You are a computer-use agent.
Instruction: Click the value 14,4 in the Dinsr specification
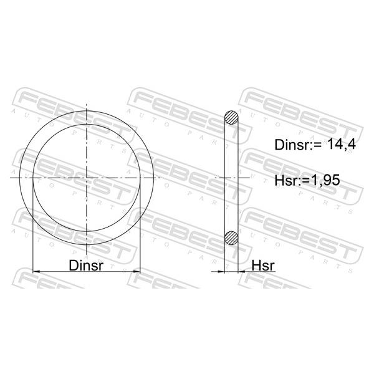coord(342,144)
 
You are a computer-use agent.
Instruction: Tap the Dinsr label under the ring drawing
coord(86,266)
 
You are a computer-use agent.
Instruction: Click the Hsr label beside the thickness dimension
coord(263,266)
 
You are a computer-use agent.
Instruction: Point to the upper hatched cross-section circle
coord(231,118)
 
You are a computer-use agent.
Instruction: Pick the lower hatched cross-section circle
coord(231,238)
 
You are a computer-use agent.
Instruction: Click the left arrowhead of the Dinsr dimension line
coord(36,271)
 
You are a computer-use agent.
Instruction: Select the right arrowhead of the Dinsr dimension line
coord(137,271)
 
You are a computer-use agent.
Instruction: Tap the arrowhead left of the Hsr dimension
coord(221,271)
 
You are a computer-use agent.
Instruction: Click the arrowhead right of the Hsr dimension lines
coord(242,271)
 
